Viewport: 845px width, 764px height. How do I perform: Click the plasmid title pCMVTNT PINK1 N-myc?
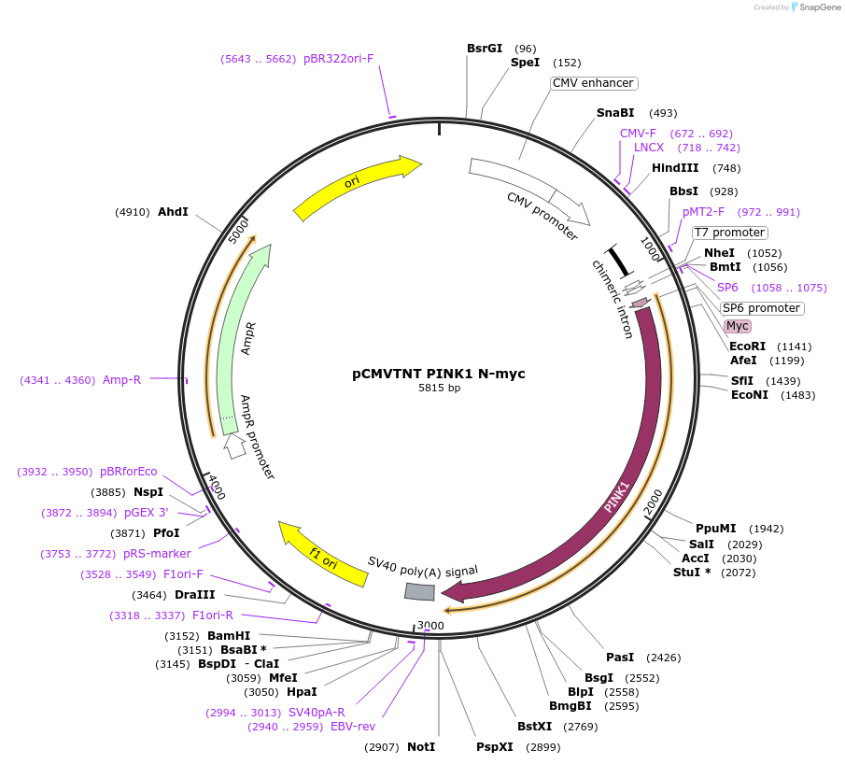click(438, 374)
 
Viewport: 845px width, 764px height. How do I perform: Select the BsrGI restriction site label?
click(485, 48)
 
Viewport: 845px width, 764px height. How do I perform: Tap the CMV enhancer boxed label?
click(593, 83)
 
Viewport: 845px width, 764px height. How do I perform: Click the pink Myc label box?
click(738, 326)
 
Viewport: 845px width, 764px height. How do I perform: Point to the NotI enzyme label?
click(421, 747)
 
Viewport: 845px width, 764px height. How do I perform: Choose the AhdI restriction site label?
click(173, 212)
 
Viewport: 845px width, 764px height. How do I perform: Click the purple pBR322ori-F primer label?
click(338, 59)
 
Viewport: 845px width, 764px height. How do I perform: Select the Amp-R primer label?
click(121, 380)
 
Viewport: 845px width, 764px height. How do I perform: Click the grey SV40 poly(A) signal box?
click(419, 591)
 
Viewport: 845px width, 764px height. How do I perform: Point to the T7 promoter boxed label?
click(729, 233)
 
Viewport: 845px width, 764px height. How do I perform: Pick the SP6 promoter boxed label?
click(761, 308)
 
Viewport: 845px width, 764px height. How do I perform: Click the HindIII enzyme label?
click(675, 168)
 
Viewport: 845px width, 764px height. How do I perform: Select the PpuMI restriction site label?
click(715, 529)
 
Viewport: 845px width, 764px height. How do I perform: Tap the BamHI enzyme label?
click(229, 636)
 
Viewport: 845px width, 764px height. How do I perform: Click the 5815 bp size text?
click(439, 388)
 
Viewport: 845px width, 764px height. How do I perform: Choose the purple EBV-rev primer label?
click(353, 727)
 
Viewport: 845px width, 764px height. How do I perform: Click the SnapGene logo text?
click(815, 7)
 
